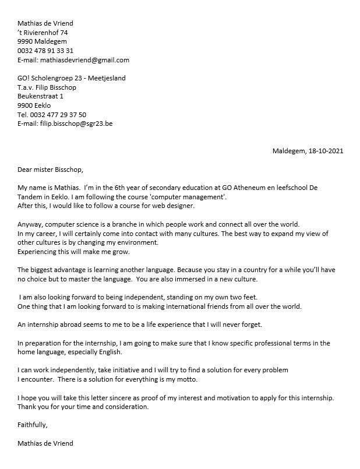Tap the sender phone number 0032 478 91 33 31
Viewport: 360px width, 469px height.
tap(45, 51)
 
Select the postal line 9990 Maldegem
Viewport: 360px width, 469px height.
tap(42, 41)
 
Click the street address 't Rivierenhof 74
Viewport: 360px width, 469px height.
tap(47, 33)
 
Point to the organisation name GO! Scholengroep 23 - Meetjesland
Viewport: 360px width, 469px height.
tap(72, 78)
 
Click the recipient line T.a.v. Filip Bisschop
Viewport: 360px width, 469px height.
tap(47, 87)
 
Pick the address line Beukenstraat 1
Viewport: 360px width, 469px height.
tap(41, 96)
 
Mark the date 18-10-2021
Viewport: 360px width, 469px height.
tap(329, 151)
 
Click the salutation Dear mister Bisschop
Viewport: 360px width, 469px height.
tap(51, 170)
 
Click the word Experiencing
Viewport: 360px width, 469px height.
tap(40, 252)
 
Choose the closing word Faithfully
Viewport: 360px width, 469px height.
tap(33, 424)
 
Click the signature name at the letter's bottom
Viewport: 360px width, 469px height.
tap(45, 443)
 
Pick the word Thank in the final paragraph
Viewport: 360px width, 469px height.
tap(27, 407)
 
